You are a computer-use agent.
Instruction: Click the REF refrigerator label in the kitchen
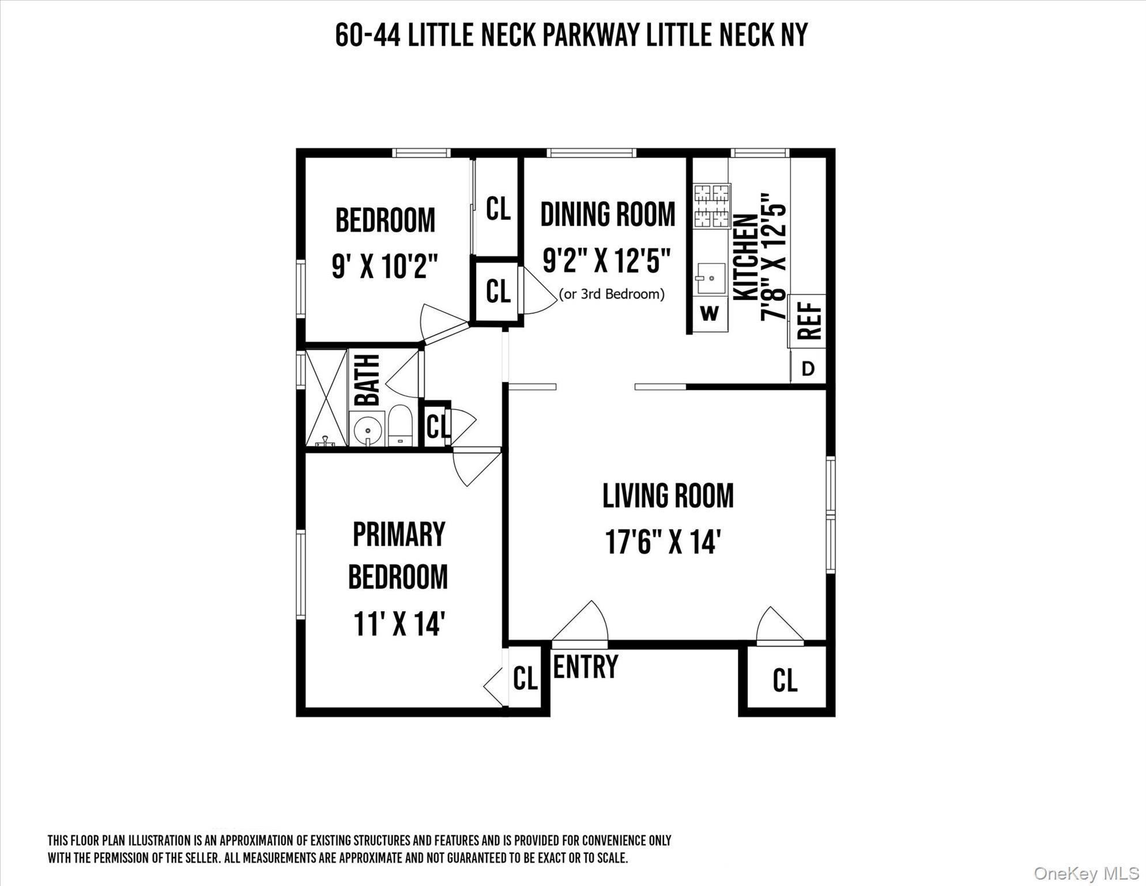[808, 321]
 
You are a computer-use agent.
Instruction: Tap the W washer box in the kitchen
[710, 313]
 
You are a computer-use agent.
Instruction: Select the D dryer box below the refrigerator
[808, 369]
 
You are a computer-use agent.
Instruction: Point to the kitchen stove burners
[712, 205]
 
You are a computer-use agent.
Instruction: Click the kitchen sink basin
[710, 278]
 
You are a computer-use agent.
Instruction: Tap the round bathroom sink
[367, 429]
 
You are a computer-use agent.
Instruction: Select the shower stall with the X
[326, 397]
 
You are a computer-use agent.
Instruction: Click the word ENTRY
[585, 667]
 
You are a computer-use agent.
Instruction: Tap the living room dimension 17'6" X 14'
[663, 542]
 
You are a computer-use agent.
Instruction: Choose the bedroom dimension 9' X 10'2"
[385, 266]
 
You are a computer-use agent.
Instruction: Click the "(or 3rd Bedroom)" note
[612, 294]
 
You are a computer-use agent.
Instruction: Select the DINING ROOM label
[608, 215]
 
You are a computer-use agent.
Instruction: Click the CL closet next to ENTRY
[525, 678]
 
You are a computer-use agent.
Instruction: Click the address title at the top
[571, 35]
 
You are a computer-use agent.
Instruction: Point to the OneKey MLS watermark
[1086, 873]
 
